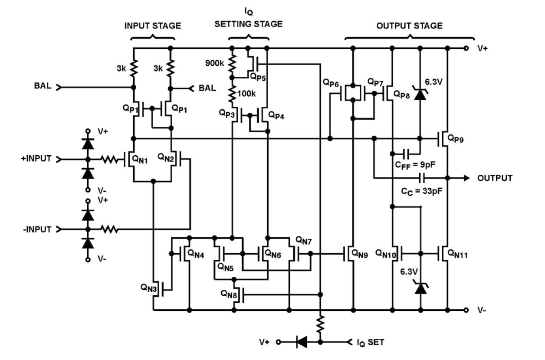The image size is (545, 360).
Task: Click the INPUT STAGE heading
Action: (152, 26)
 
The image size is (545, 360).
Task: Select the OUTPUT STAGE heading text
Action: (409, 26)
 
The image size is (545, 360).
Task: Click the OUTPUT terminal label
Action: (495, 178)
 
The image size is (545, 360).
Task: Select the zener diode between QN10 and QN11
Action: (420, 288)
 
